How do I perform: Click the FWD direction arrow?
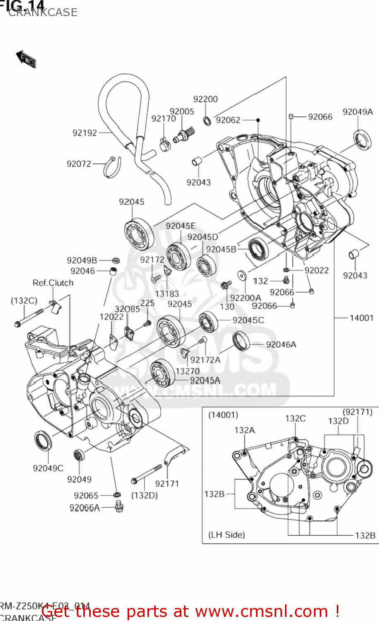(26, 59)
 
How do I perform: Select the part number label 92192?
(84, 133)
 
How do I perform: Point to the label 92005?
(182, 111)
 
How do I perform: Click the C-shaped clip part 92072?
(113, 167)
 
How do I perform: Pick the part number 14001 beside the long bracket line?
(361, 318)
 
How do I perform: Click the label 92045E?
(181, 226)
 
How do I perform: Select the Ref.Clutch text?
(53, 283)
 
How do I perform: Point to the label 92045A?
(205, 380)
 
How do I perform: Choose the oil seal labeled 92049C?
(43, 441)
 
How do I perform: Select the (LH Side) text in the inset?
(227, 534)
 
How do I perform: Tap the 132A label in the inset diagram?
(245, 430)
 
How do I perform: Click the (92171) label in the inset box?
(357, 412)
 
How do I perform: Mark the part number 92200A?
(245, 298)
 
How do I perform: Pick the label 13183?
(167, 294)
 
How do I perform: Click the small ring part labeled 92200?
(207, 121)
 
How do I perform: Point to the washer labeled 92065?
(117, 495)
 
